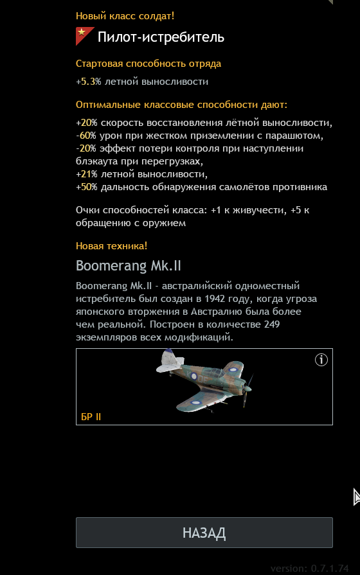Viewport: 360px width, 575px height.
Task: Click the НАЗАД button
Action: pos(204,533)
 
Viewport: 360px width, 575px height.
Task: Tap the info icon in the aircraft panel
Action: pos(321,360)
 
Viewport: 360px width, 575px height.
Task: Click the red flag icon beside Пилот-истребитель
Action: pos(84,37)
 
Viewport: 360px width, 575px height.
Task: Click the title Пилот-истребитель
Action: pos(161,37)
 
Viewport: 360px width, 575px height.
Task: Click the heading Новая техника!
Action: pos(111,245)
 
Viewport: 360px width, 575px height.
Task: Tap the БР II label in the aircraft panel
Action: pos(91,417)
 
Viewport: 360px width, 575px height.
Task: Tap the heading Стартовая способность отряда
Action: pos(148,64)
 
